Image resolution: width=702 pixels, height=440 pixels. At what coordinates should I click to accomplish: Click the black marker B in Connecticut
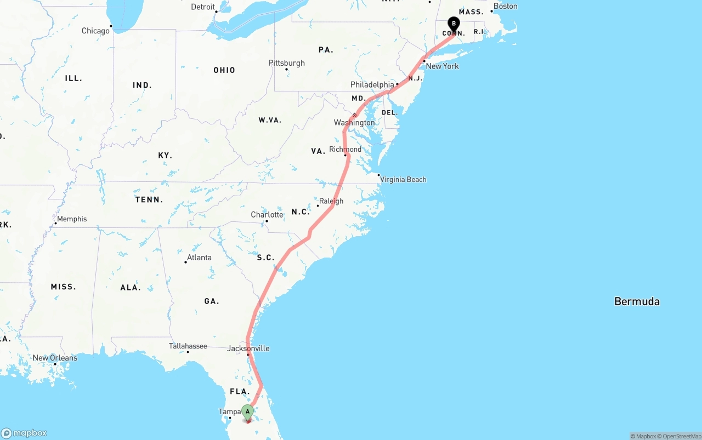[454, 24]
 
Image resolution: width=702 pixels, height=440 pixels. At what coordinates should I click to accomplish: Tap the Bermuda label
[637, 301]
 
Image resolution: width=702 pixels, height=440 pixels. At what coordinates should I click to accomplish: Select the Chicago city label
[95, 31]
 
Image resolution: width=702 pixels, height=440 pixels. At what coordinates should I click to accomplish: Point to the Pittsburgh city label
[286, 63]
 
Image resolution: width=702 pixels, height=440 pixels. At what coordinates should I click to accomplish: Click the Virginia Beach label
[403, 179]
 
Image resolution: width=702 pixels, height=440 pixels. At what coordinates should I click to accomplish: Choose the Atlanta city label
[199, 258]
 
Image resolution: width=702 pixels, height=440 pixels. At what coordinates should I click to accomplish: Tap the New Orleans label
[55, 358]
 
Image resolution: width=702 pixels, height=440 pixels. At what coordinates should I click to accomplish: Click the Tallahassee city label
[188, 346]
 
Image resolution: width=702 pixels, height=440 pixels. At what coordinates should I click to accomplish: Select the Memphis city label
[72, 219]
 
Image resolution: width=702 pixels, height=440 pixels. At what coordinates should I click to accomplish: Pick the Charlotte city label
[267, 214]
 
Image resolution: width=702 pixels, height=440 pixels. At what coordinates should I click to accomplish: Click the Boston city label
[505, 6]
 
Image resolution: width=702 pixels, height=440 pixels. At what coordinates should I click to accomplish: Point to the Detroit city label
[203, 7]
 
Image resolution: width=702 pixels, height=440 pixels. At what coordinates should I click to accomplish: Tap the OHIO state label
[224, 70]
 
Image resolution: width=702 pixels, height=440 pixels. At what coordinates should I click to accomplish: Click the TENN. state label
[149, 199]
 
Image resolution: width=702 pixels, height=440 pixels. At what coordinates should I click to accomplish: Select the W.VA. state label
[270, 119]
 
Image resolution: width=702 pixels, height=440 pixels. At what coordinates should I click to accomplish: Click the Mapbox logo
[24, 433]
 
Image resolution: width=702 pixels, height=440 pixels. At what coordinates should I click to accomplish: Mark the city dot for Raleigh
[318, 206]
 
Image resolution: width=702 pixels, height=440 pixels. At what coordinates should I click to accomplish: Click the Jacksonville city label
[248, 348]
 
